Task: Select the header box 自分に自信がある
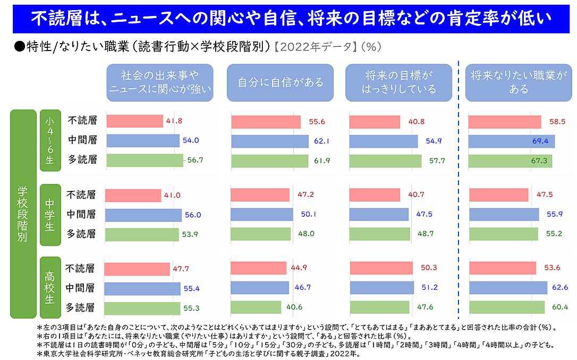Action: pyautogui.click(x=280, y=82)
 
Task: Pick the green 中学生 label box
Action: pyautogui.click(x=50, y=215)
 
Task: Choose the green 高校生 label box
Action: pyautogui.click(x=50, y=288)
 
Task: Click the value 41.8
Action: pyautogui.click(x=174, y=121)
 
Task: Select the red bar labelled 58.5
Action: pyautogui.click(x=504, y=122)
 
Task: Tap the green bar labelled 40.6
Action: pyautogui.click(x=256, y=307)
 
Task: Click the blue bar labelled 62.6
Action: pyautogui.click(x=508, y=288)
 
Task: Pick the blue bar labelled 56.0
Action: pyautogui.click(x=143, y=215)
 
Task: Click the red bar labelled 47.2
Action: pyautogui.click(x=260, y=195)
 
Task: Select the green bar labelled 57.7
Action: pyautogui.click(x=385, y=161)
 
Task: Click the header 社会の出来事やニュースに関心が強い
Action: pyautogui.click(x=160, y=82)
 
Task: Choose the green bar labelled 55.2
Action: pyautogui.click(x=503, y=234)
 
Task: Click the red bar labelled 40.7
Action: pyautogui.click(x=375, y=195)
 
